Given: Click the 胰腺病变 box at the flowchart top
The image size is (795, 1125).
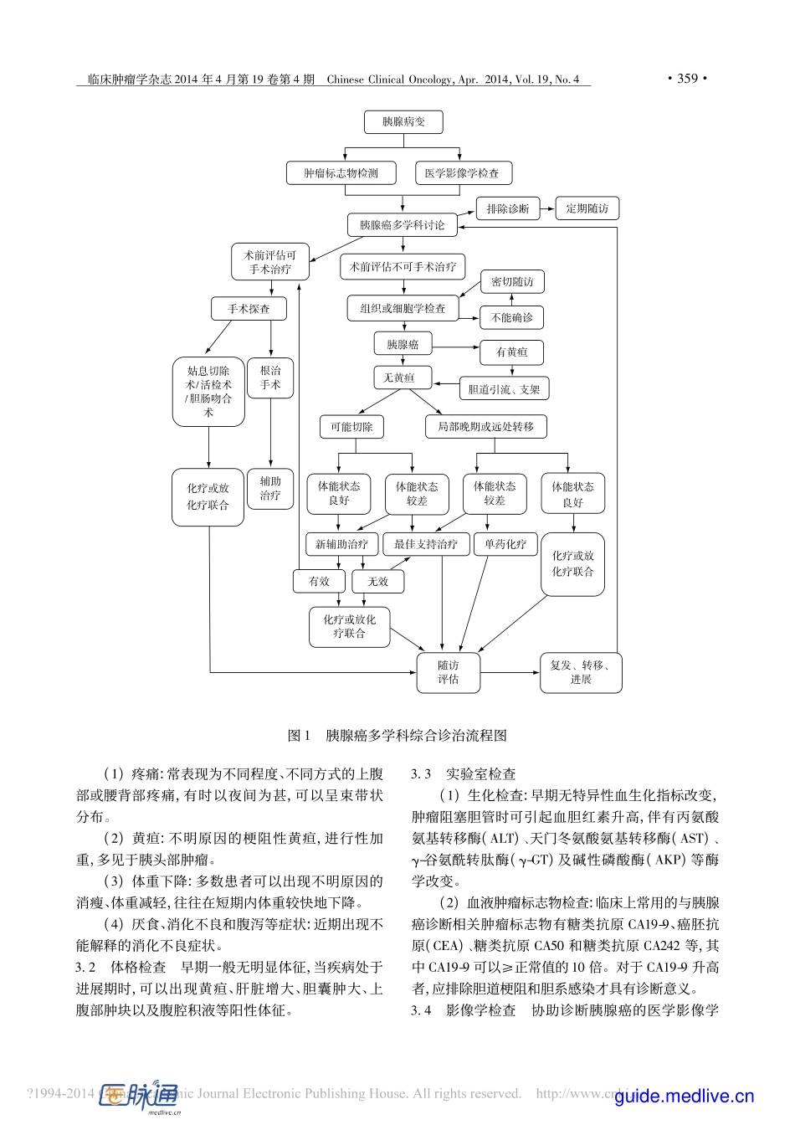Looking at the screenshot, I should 403,122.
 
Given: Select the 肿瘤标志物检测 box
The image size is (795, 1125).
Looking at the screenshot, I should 341,173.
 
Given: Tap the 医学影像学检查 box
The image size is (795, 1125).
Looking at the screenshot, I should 463,173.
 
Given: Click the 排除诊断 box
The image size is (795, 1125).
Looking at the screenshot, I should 508,208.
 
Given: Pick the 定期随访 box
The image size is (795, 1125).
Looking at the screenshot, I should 587,208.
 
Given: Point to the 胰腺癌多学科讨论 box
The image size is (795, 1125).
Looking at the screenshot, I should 402,225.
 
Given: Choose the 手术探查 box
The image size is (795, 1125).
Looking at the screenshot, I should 249,309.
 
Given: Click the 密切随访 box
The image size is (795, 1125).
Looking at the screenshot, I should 512,282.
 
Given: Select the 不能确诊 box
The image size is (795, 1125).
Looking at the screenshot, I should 512,318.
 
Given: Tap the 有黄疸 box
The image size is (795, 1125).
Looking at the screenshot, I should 512,352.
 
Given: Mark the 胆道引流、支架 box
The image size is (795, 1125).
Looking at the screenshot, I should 504,389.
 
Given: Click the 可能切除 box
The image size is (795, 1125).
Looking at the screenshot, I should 351,427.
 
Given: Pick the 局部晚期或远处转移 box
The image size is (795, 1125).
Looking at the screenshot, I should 485,427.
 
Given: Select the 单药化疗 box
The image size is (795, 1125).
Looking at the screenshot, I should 505,544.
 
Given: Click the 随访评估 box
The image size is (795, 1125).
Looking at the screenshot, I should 449,673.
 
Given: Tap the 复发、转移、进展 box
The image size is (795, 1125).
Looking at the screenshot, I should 581,673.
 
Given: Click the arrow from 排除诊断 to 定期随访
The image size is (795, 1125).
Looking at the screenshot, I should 547,208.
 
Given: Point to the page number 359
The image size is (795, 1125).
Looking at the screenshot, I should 687,79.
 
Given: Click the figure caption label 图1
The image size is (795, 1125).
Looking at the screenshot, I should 299,736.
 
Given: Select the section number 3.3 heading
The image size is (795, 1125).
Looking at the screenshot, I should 421,774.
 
